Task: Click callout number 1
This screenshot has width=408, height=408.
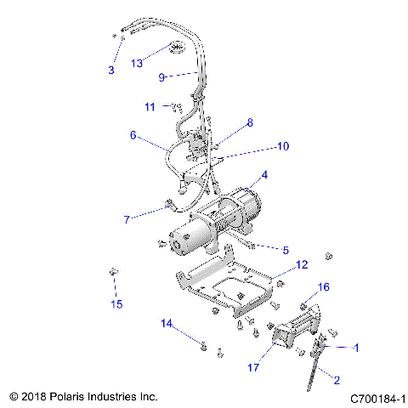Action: tap(357, 347)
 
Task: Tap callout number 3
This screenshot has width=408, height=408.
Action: tap(110, 70)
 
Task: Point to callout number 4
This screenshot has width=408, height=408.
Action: tap(264, 175)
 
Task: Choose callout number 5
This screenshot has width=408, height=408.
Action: tap(285, 250)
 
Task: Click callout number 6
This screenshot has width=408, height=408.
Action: tap(133, 134)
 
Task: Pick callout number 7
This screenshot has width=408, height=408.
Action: tap(127, 219)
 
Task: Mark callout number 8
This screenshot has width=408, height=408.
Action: tap(249, 122)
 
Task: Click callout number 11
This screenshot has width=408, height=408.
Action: tap(150, 106)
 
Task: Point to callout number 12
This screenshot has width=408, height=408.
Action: tap(301, 265)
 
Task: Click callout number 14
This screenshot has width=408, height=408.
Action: tap(167, 323)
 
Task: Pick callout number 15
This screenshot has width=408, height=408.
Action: tap(118, 303)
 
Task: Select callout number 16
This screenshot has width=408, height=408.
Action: tap(324, 287)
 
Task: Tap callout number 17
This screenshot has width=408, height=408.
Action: tap(252, 368)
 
